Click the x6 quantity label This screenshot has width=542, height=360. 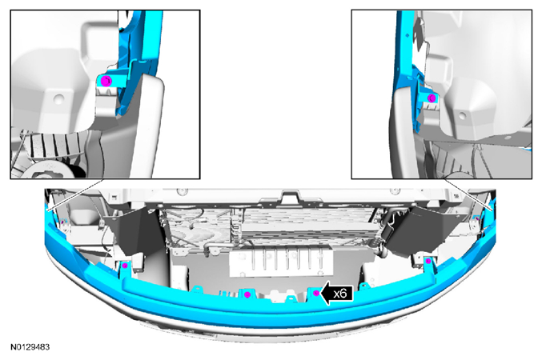[x=340, y=294]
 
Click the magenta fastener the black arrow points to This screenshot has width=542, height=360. [x=316, y=294]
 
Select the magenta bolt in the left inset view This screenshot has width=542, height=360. [x=106, y=82]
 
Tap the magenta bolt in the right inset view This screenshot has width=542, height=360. [x=432, y=98]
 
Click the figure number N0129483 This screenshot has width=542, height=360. [x=30, y=347]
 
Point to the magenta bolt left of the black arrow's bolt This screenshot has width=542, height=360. [x=247, y=294]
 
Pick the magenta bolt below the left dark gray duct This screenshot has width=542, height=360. [x=124, y=266]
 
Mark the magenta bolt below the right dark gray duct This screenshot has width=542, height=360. [x=428, y=261]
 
